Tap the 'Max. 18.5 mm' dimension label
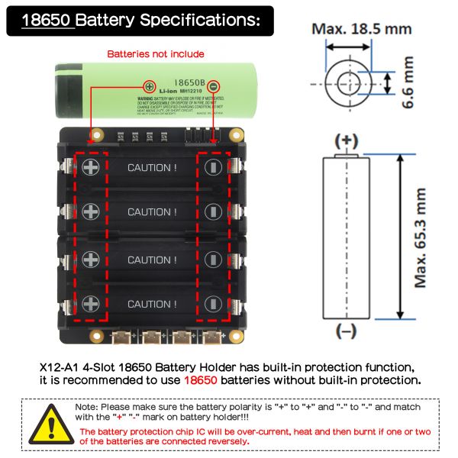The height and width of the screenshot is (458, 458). tap(361, 30)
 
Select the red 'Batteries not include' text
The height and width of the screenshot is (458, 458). tap(156, 54)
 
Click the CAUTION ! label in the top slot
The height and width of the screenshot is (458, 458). tap(152, 167)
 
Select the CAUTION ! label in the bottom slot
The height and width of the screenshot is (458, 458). tap(152, 304)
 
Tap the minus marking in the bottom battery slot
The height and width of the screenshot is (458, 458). tap(214, 303)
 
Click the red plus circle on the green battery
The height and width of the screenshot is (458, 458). tap(150, 86)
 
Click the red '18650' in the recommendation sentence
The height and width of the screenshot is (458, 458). tap(201, 379)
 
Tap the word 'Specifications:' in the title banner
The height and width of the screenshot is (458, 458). tap(212, 20)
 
